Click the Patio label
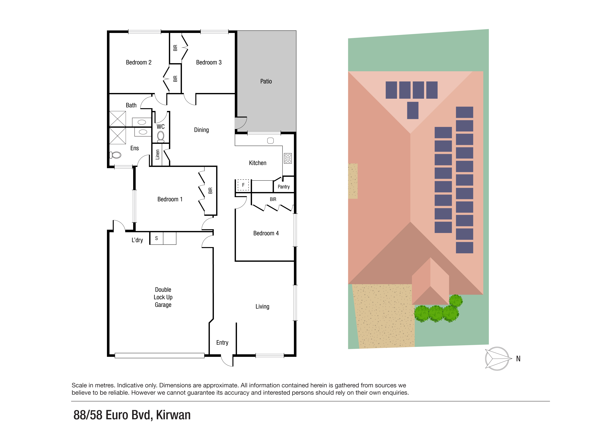266,81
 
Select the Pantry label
283,187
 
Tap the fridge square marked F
243,185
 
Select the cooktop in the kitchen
288,158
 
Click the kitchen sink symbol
270,141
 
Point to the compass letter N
518,359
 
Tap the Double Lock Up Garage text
163,297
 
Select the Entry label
222,343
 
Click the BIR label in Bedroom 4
273,199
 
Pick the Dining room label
201,130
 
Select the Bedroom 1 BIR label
210,190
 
